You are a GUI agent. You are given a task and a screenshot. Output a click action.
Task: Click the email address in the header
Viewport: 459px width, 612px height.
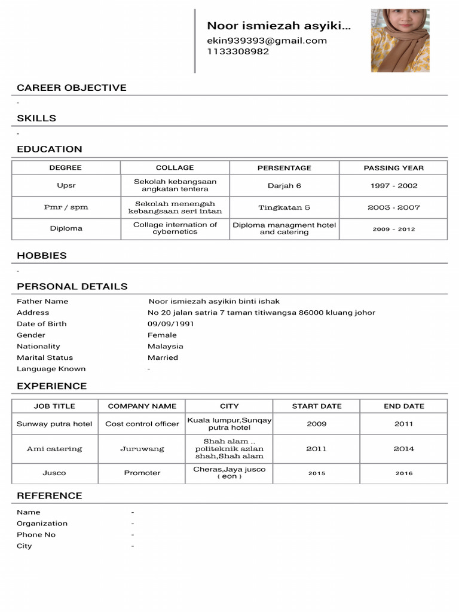tap(267, 41)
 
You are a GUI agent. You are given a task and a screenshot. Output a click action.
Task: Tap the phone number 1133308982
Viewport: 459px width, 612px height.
tap(238, 51)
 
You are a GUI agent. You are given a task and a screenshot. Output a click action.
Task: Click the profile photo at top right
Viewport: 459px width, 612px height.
tap(400, 40)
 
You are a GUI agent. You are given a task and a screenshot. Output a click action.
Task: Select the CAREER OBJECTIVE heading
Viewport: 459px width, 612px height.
tap(72, 88)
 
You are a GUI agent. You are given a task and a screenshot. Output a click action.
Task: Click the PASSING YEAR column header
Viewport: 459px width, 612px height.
tap(393, 168)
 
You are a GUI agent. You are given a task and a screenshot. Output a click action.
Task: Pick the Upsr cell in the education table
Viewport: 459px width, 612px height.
tap(66, 185)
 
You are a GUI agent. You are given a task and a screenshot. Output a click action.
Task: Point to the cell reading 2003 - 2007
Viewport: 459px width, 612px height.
tap(393, 207)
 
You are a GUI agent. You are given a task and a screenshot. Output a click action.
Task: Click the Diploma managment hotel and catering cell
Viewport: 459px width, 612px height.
tap(284, 228)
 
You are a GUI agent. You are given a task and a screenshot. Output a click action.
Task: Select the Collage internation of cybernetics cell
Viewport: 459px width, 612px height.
tap(175, 228)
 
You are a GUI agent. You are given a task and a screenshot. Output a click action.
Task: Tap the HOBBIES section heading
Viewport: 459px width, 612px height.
tap(42, 255)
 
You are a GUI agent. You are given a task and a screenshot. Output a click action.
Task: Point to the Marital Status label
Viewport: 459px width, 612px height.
tap(45, 357)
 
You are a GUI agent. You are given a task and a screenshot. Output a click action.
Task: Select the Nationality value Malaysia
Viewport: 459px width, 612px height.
tap(166, 346)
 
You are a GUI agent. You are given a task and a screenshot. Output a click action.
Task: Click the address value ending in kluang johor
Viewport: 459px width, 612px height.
tap(261, 313)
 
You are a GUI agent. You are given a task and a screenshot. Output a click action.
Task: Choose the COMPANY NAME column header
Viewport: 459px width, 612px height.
tap(142, 406)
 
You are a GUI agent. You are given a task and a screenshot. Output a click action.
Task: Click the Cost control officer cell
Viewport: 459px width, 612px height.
tap(142, 424)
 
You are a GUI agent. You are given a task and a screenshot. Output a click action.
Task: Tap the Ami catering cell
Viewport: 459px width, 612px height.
tap(54, 449)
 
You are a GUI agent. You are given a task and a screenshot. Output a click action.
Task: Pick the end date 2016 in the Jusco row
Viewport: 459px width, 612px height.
tap(404, 473)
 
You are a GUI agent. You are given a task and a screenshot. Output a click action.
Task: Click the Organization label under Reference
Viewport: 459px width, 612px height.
tap(42, 524)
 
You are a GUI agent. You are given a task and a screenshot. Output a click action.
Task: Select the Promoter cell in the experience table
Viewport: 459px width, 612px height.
tap(142, 473)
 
